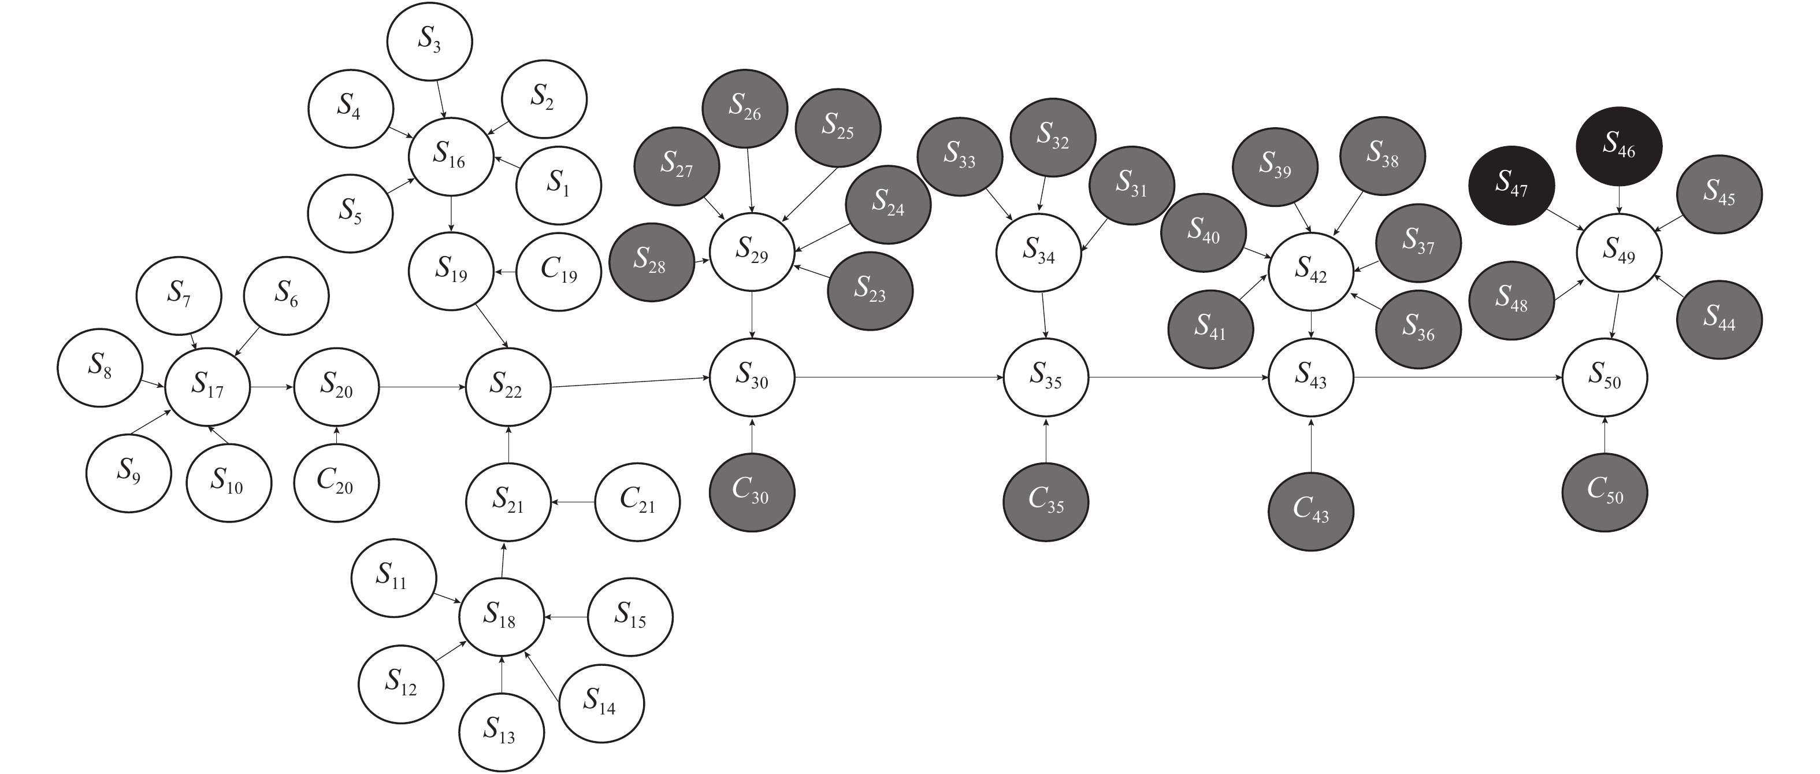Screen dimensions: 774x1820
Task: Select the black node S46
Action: (x=1618, y=146)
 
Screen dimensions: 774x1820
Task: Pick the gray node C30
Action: (x=752, y=492)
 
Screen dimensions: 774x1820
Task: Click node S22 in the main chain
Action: (x=508, y=387)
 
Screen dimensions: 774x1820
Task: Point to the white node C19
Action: (x=559, y=272)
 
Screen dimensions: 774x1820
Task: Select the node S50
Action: (x=1604, y=377)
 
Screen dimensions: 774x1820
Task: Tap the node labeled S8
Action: (x=101, y=367)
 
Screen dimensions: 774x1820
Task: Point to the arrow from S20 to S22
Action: (x=422, y=387)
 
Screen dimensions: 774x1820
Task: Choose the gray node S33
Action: (x=960, y=155)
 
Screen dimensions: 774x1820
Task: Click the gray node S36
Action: (x=1418, y=329)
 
